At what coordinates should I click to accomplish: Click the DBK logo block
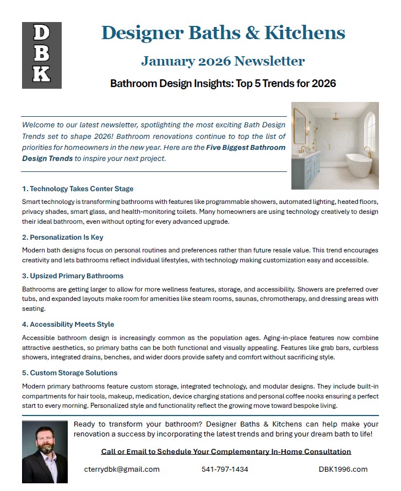(41, 55)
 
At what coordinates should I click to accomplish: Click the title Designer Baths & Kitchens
(223, 33)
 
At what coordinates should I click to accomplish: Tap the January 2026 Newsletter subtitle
(223, 61)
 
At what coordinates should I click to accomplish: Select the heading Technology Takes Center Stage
(78, 189)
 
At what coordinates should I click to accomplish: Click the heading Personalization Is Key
(63, 238)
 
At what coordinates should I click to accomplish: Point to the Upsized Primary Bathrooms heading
(73, 276)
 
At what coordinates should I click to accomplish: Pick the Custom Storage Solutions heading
(70, 373)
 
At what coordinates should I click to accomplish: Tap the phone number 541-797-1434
(225, 469)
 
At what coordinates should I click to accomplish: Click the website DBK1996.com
(343, 469)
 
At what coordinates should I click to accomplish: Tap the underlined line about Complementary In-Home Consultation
(226, 451)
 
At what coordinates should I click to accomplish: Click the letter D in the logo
(41, 34)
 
